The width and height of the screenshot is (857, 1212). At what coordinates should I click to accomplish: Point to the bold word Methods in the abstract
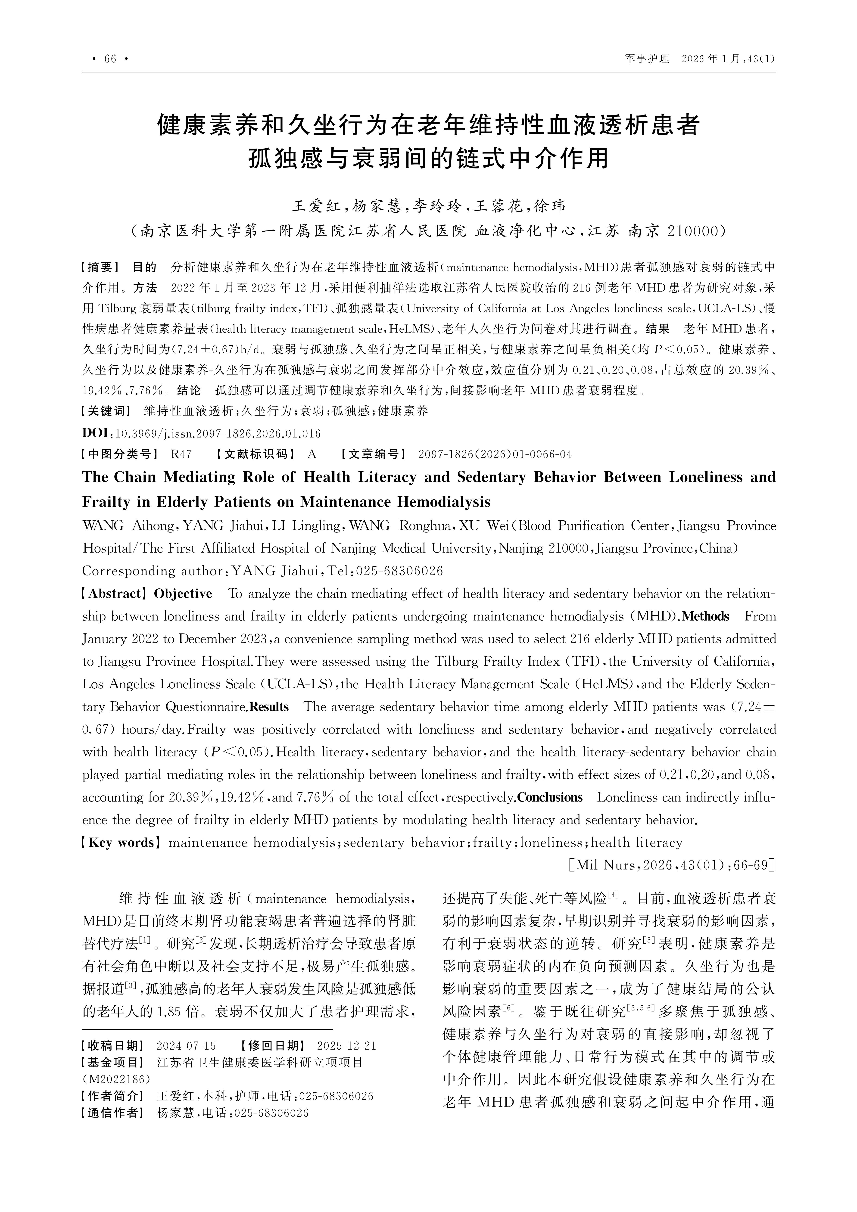(705, 617)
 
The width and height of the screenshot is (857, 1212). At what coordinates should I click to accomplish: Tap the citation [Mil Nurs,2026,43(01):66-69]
(672, 865)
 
